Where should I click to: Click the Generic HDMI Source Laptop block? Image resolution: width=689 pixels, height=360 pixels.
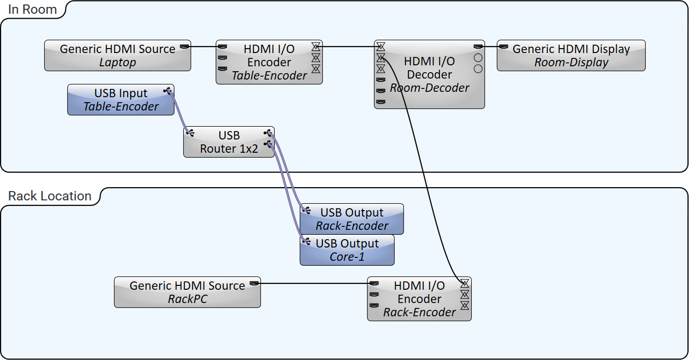(117, 55)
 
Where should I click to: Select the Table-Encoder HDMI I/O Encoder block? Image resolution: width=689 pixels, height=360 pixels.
(269, 62)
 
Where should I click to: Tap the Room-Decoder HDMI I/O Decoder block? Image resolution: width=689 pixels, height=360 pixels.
(429, 75)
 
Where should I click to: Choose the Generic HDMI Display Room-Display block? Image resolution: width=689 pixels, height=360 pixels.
(571, 55)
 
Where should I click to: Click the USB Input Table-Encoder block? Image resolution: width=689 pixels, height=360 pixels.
(120, 100)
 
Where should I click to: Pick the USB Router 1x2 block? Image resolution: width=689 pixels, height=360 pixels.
(229, 142)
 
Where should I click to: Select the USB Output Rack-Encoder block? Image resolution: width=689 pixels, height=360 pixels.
(352, 219)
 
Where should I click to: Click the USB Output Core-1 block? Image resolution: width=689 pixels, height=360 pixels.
(347, 250)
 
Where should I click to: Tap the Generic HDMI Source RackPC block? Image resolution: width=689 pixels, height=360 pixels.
(187, 292)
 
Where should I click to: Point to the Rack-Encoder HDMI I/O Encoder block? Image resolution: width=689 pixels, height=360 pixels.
(419, 299)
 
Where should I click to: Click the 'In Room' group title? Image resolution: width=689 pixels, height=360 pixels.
(32, 9)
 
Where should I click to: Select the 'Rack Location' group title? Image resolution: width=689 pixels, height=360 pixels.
(50, 196)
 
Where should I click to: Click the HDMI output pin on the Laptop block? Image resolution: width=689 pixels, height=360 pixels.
(184, 47)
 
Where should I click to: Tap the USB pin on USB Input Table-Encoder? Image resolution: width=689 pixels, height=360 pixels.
(168, 90)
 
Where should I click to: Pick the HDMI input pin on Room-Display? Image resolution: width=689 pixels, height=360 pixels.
(504, 47)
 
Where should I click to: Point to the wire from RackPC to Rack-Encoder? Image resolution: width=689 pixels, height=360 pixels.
(315, 283)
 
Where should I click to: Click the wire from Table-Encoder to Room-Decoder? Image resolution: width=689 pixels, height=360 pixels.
(349, 47)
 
